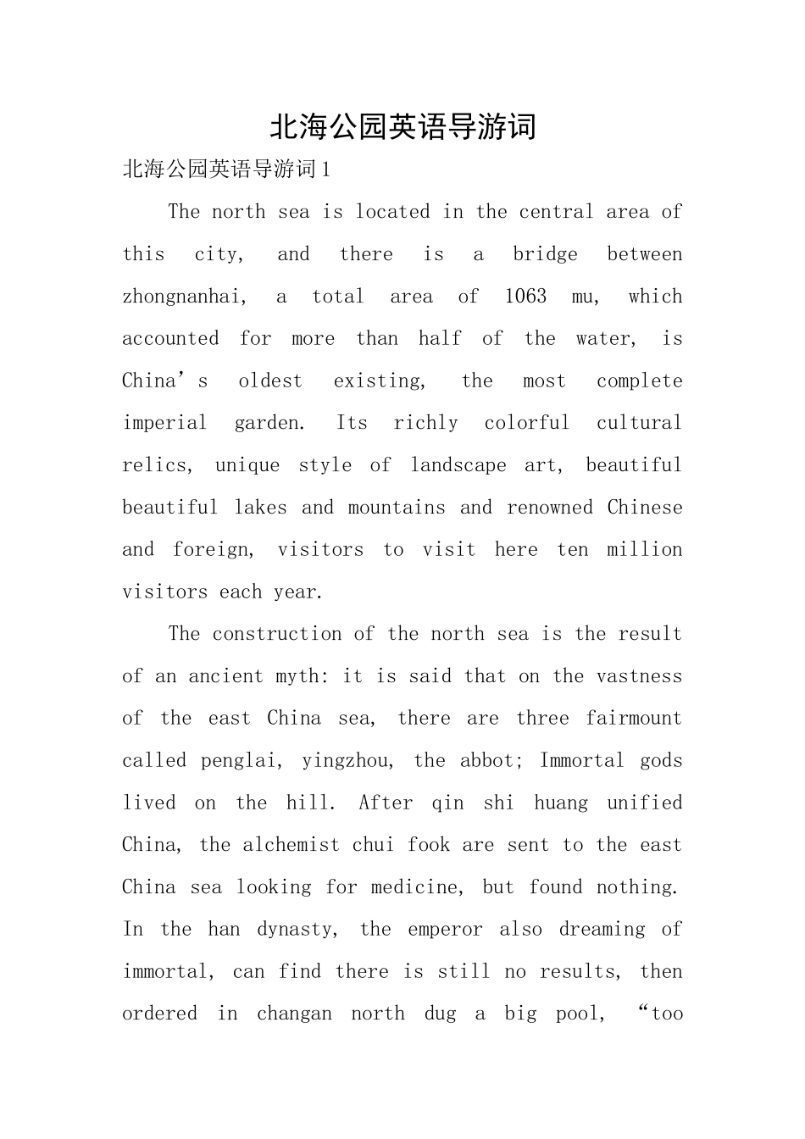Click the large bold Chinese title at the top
click(x=402, y=127)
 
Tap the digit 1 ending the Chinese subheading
click(x=327, y=169)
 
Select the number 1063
click(x=525, y=297)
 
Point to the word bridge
click(x=545, y=254)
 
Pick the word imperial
click(x=164, y=423)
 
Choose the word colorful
click(x=526, y=423)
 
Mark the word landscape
click(x=458, y=465)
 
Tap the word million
click(x=644, y=550)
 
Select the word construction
click(x=276, y=634)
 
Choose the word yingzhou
click(x=347, y=761)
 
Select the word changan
click(x=294, y=1014)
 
